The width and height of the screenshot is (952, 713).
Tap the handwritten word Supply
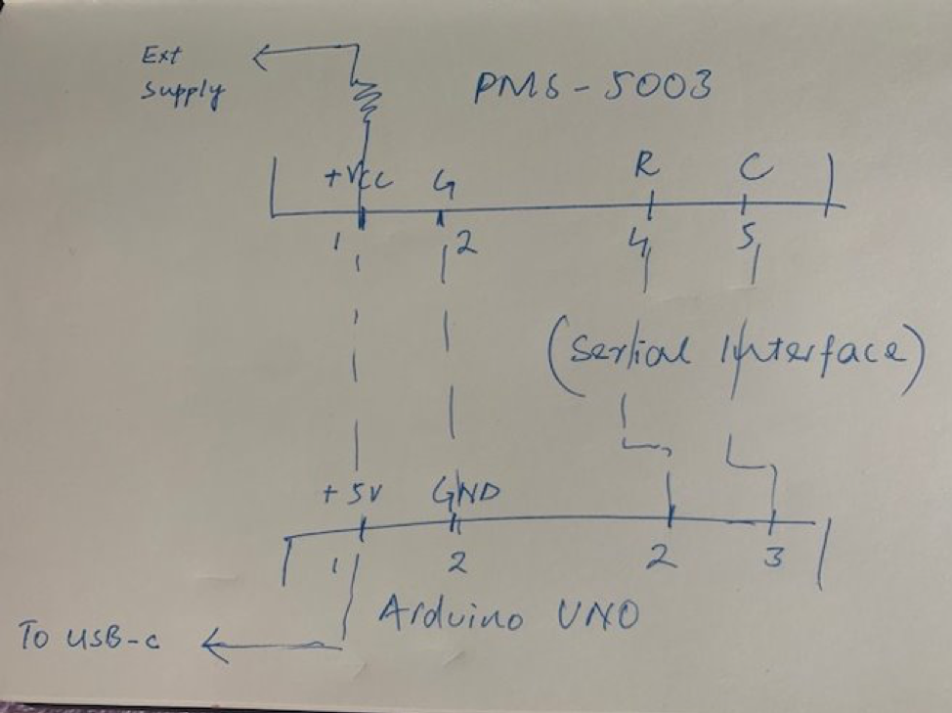182,94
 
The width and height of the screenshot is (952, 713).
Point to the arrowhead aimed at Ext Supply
260,59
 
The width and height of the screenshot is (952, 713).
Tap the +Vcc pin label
357,180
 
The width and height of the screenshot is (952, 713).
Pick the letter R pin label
645,167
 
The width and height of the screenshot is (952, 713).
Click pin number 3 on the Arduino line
772,558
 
